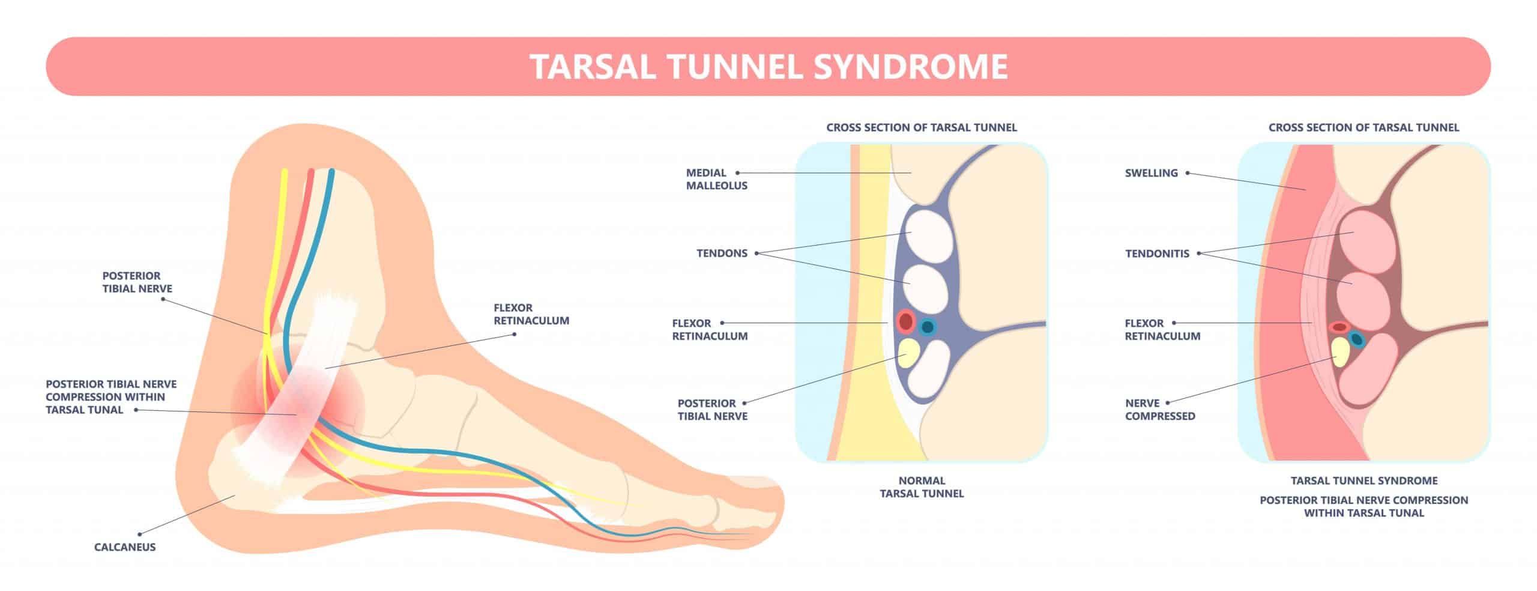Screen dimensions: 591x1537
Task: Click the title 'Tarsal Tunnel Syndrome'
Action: point(768,67)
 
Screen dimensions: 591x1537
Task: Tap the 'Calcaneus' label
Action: point(125,547)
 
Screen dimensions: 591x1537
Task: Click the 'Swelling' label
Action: point(1151,173)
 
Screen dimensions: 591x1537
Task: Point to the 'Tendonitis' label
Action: point(1157,253)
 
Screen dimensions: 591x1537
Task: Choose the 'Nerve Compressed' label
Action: point(1160,410)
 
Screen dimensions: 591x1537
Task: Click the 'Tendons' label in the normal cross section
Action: point(722,253)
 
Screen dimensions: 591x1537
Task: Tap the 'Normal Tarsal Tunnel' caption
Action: point(922,487)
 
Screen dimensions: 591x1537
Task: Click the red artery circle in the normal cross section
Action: point(905,321)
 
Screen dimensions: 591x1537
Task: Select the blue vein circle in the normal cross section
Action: point(928,327)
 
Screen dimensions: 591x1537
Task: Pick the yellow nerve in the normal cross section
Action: point(909,353)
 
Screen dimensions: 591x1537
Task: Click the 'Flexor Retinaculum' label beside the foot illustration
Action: point(531,314)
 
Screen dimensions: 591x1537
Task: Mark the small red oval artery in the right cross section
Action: point(1339,327)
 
